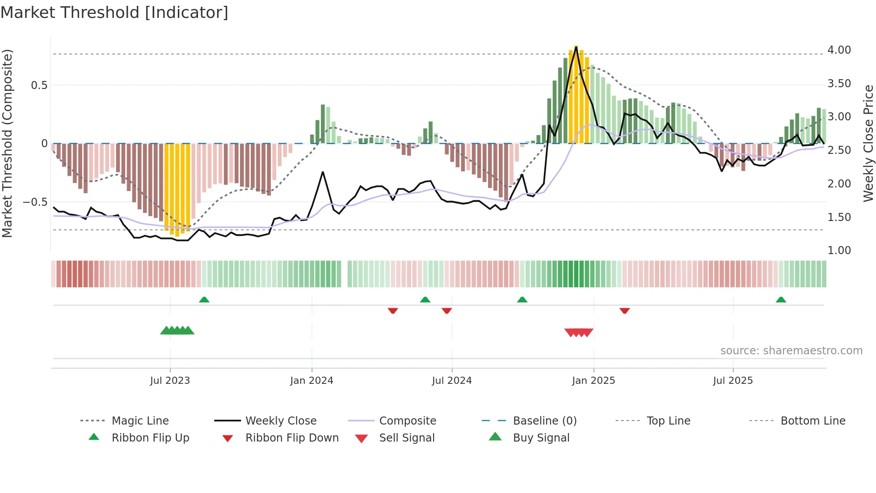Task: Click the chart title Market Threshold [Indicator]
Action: pos(114,13)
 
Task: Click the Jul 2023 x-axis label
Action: pos(170,381)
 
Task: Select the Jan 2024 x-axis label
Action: pos(312,381)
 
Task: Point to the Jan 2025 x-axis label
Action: pos(594,381)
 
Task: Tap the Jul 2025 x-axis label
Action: pos(733,381)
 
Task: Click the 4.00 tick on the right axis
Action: pos(839,50)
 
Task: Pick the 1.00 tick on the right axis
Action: pos(839,251)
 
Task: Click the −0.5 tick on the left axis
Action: pos(35,202)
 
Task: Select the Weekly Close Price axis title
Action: pos(868,143)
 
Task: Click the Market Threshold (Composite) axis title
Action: pos(7,143)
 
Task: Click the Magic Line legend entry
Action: pos(140,421)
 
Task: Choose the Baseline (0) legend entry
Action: pos(544,421)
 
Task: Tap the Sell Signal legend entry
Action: pos(406,438)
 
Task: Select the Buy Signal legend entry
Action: pos(541,438)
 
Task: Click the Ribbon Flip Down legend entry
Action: pos(291,438)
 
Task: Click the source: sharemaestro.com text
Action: pos(791,351)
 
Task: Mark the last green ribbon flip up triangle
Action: pos(781,300)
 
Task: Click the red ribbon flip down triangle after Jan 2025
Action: pos(624,310)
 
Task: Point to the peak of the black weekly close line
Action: pos(576,47)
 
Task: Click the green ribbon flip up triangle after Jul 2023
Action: pos(204,300)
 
